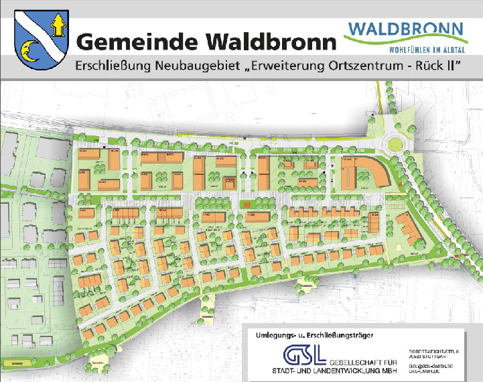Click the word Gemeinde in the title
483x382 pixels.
coord(135,42)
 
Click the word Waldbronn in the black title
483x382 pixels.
coord(268,42)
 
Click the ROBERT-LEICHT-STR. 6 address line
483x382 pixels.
coord(434,351)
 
